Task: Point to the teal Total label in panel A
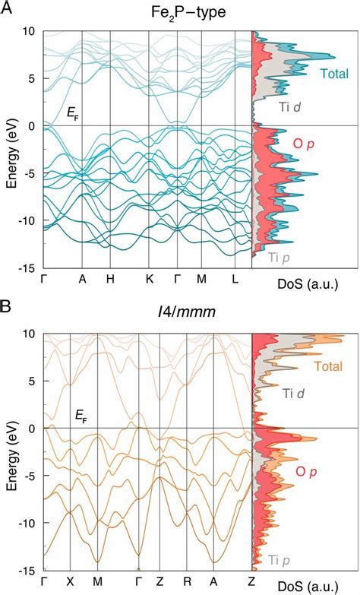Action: coord(334,74)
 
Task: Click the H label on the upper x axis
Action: coord(111,279)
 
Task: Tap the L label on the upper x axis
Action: coord(236,279)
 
